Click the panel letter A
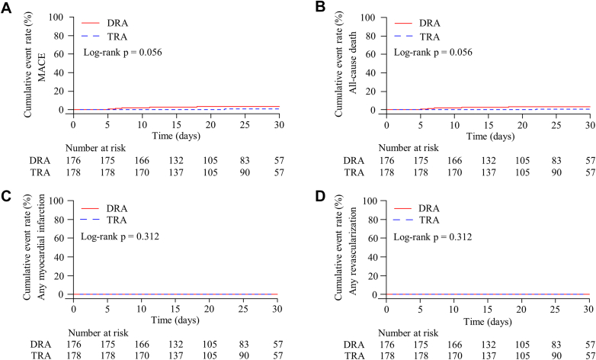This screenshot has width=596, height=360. click(x=7, y=8)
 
